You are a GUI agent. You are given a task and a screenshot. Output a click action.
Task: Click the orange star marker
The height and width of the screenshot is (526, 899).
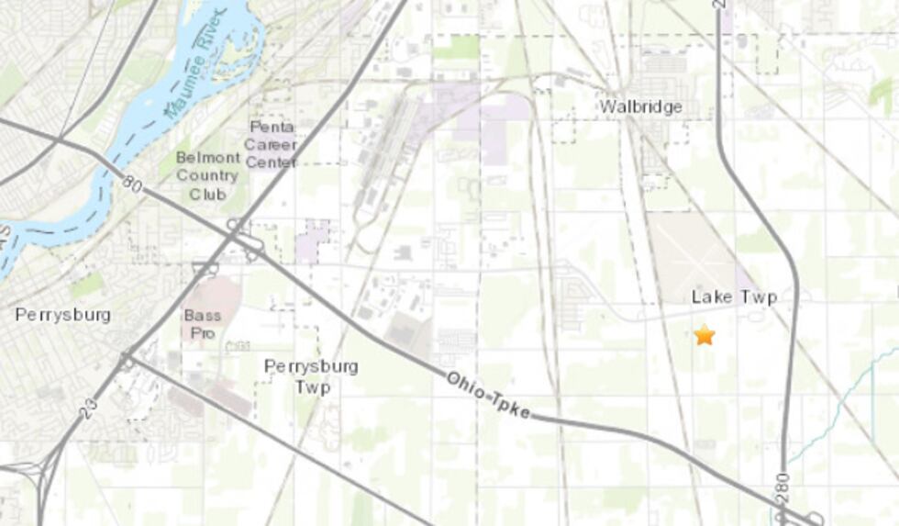coord(704,335)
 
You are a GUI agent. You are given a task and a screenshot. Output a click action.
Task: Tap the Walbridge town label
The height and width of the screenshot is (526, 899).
coord(641,106)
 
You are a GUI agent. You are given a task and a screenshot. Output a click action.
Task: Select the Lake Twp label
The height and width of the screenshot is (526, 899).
coord(734,297)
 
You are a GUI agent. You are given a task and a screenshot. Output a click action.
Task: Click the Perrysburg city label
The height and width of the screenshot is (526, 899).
coord(62,315)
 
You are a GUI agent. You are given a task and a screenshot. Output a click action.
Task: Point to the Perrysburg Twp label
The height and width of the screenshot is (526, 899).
coord(311,376)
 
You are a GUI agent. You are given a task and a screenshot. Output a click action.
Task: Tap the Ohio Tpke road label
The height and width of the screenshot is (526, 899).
coord(488,395)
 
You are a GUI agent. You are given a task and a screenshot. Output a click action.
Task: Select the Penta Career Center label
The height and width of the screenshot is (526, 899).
coord(271,144)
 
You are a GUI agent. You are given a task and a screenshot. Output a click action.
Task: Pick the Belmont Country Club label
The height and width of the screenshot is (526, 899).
coord(207,175)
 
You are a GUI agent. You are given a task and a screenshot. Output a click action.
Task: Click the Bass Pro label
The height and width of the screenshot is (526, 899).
coord(202,324)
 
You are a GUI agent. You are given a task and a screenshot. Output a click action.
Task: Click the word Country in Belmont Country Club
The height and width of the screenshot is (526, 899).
coord(207,175)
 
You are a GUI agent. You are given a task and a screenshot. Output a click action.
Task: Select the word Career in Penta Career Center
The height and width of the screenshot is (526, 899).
coord(271,145)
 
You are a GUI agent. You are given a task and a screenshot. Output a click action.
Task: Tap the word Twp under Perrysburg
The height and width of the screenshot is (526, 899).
coord(311,386)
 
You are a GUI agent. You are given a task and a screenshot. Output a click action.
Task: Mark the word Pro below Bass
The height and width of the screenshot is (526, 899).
coord(202,333)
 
